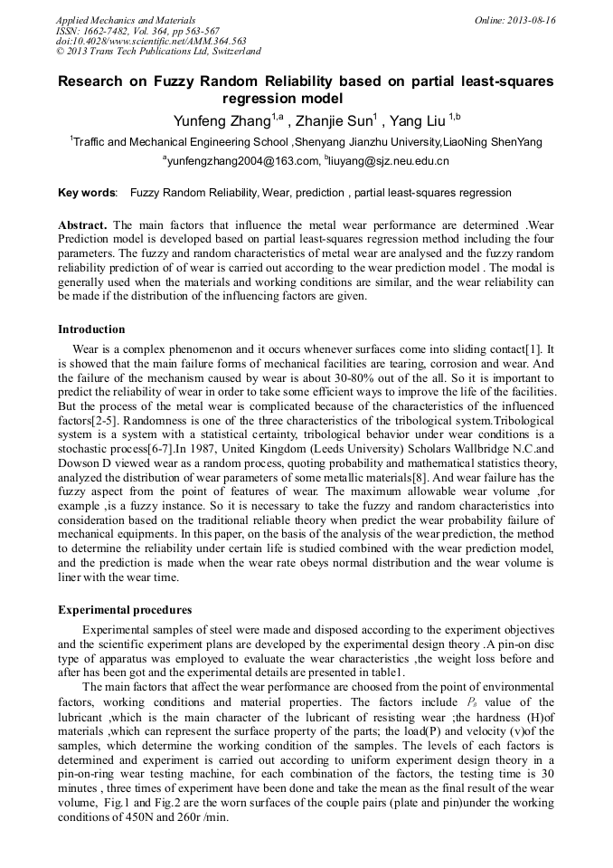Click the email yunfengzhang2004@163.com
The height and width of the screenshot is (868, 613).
coord(243,161)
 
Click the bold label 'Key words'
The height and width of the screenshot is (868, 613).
coord(87,193)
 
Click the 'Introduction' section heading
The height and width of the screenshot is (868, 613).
coord(91,329)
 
